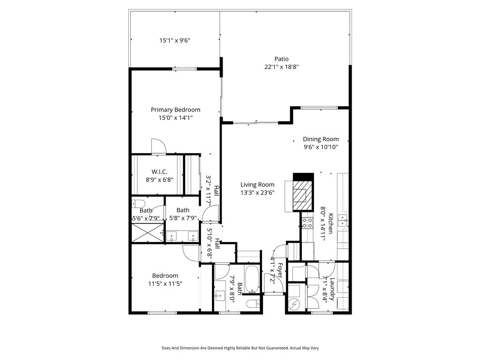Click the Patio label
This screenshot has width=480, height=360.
coord(281,59)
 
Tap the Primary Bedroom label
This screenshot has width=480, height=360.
coord(175,110)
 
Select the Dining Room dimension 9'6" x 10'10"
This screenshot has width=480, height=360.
coord(321,147)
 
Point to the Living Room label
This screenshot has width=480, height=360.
coord(257,185)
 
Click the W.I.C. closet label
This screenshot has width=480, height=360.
coord(159,172)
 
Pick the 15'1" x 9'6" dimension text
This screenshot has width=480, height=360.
coord(175,40)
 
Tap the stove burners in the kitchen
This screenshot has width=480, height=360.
coord(307,223)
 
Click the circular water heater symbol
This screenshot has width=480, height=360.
coord(295,305)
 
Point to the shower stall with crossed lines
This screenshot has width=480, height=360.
coord(148,232)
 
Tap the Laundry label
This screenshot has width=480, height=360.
coord(332,289)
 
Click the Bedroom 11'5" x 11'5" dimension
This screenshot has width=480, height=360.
coord(165,284)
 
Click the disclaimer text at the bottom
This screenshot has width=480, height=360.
coord(240,348)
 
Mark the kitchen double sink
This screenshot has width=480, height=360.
coord(343,220)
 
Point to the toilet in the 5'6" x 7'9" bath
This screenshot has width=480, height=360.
coord(138,203)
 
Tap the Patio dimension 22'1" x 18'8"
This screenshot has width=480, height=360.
coord(282,67)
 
